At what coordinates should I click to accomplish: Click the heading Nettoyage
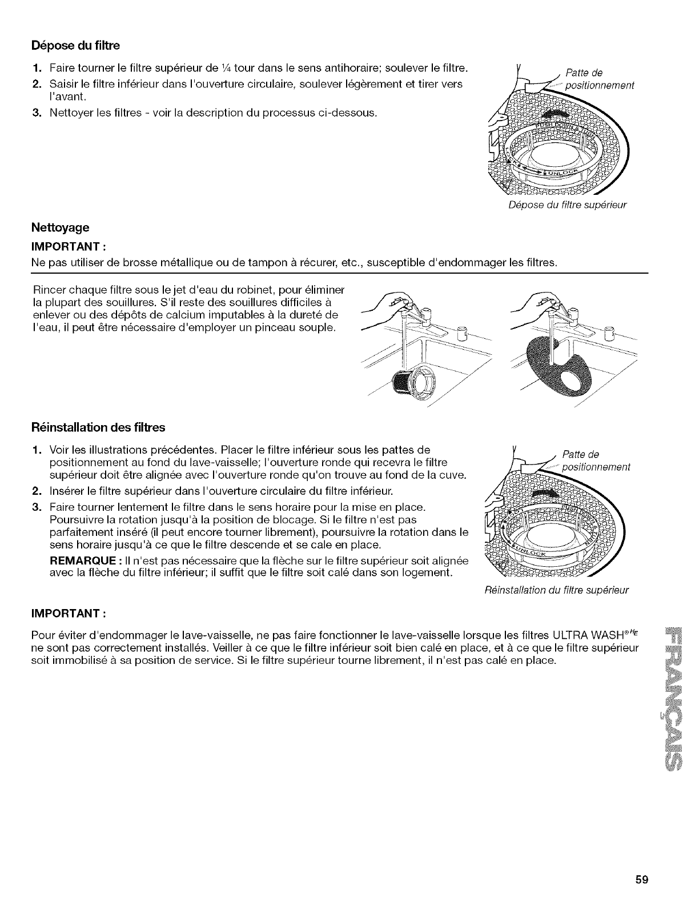click(60, 227)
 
